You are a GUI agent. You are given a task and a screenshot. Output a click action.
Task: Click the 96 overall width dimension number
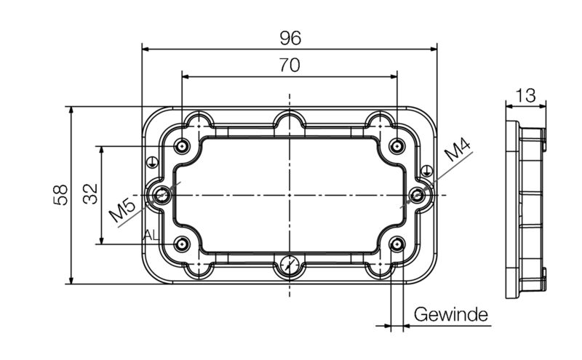click(x=290, y=37)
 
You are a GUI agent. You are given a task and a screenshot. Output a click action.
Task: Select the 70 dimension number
click(x=290, y=65)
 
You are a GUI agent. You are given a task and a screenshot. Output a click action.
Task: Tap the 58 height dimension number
click(x=61, y=194)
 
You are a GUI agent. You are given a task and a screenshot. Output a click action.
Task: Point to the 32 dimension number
click(x=90, y=194)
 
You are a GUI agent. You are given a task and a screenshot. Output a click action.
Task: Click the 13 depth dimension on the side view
click(x=525, y=95)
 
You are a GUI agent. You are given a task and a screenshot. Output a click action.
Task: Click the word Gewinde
click(x=450, y=314)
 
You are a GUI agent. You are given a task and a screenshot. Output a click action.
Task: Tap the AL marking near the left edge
click(x=151, y=234)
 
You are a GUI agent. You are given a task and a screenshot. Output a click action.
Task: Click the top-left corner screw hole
click(x=182, y=147)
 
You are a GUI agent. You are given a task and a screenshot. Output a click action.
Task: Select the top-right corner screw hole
click(x=396, y=147)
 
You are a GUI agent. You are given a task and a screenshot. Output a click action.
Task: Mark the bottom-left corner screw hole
click(x=182, y=244)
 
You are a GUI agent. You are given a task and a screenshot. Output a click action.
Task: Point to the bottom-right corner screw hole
click(x=396, y=244)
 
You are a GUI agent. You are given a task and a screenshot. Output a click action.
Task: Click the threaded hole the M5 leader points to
click(x=161, y=195)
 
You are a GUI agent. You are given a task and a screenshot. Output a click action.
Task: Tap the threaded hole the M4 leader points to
click(x=418, y=195)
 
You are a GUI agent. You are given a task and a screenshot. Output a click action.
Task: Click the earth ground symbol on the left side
click(x=151, y=163)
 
